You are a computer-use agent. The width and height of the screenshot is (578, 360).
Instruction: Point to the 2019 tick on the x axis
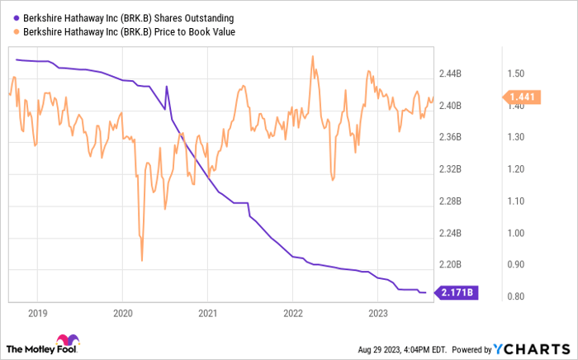tap(37, 314)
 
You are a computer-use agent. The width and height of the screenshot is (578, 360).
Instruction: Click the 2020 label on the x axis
tap(122, 314)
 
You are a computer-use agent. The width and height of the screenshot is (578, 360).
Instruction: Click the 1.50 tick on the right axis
tap(519, 73)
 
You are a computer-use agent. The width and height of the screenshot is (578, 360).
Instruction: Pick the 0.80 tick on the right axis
tap(519, 296)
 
